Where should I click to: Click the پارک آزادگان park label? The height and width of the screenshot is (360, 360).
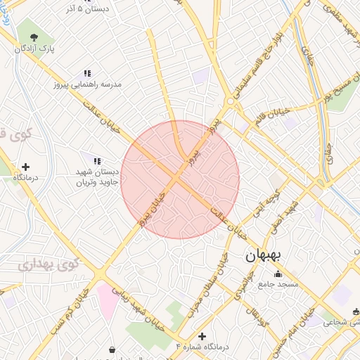pos(37,49)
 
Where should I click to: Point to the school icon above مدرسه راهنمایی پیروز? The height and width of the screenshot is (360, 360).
pos(87,72)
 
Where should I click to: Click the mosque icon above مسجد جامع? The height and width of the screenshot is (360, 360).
pos(278,274)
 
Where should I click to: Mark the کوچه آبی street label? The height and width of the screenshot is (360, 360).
pos(267,202)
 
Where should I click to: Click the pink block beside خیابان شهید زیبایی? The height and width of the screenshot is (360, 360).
pos(108,299)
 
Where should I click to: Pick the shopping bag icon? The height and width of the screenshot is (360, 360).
pos(112,349)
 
